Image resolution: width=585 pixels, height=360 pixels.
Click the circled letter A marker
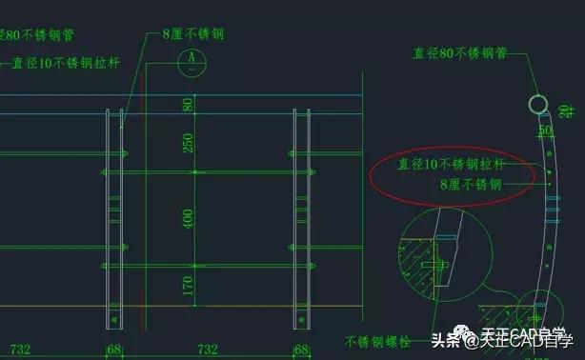coord(193,58)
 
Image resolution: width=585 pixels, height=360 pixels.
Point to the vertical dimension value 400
coord(189,218)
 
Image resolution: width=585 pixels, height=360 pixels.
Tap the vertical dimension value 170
coord(189,286)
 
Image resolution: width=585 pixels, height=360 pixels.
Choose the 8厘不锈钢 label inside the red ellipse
coord(470,184)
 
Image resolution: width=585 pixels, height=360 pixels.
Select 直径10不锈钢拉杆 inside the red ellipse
coord(450,164)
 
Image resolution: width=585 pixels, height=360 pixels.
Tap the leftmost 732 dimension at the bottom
coord(24,350)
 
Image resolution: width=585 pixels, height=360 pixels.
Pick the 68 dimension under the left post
coord(114,350)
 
